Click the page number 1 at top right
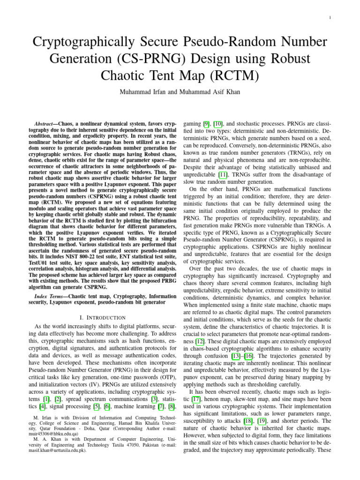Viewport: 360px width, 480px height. pos(331,18)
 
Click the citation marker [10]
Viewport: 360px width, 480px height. pos(218,120)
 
